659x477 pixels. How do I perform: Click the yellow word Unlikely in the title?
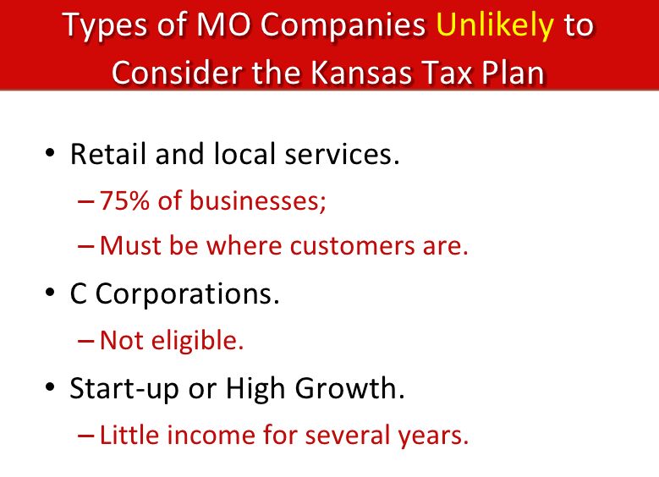[496, 25]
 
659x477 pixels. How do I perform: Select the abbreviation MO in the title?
[223, 25]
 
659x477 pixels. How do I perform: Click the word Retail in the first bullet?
[108, 153]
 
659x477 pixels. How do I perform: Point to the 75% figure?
[124, 200]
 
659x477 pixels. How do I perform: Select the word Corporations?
[188, 293]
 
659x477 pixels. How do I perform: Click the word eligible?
[197, 340]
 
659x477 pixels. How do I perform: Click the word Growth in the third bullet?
[349, 387]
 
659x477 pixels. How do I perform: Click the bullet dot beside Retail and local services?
[50, 152]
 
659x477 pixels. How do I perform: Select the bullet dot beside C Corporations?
[50, 292]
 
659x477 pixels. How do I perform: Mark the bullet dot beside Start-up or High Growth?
[50, 387]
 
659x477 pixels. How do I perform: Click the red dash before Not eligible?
[86, 341]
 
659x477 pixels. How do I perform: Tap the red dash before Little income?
[86, 436]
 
